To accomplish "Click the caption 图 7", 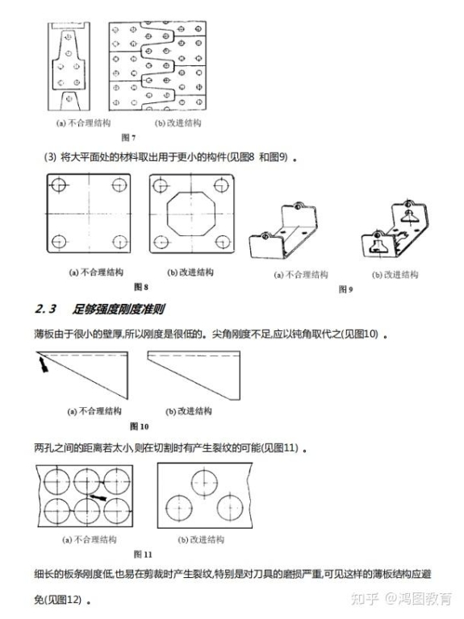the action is click(128, 137).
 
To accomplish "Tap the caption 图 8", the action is click(141, 287).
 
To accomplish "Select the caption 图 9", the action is click(346, 289).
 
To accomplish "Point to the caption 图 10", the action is click(140, 426).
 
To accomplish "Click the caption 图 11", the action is click(143, 555).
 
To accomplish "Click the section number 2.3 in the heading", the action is click(46, 309).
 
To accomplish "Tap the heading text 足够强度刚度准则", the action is click(118, 309).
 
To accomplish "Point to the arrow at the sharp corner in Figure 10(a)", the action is click(43, 364).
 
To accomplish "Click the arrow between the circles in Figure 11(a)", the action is click(98, 497).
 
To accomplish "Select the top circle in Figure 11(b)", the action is click(205, 482).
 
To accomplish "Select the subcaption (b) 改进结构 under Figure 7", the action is click(178, 123).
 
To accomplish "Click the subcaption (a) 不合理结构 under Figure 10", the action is click(94, 411).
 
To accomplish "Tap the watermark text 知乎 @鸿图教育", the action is click(401, 599).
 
